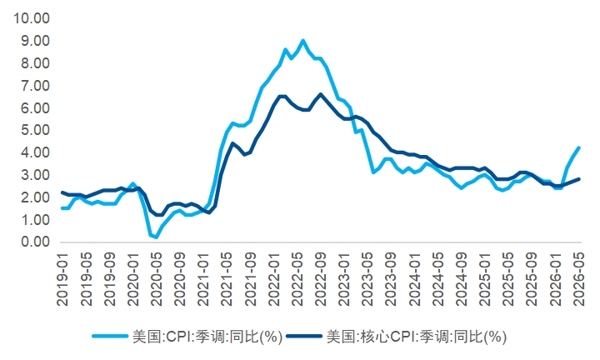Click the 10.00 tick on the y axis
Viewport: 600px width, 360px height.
click(32, 18)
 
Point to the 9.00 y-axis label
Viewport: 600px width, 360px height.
click(36, 41)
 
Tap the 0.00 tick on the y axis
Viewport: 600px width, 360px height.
click(36, 242)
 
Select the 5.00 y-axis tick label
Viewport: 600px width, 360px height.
click(36, 130)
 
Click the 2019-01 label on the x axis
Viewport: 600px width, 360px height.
click(62, 279)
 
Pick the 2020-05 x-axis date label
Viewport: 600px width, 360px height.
click(157, 279)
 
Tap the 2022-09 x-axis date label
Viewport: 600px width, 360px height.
click(321, 279)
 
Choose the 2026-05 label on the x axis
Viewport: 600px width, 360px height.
click(579, 279)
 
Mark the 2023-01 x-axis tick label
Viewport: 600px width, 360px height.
click(344, 279)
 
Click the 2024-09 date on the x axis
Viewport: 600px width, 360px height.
click(462, 279)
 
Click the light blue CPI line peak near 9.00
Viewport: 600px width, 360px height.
click(302, 40)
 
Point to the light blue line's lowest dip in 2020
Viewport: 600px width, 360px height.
click(156, 237)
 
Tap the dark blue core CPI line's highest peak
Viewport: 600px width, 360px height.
click(321, 94)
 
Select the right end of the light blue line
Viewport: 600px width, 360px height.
click(579, 147)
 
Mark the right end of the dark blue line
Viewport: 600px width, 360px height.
click(579, 179)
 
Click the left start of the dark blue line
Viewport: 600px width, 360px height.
click(62, 192)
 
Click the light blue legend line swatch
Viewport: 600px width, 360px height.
click(110, 337)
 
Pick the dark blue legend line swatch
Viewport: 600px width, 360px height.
click(304, 337)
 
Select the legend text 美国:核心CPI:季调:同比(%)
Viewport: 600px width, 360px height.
click(417, 337)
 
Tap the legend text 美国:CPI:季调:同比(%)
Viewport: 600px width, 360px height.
click(207, 337)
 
